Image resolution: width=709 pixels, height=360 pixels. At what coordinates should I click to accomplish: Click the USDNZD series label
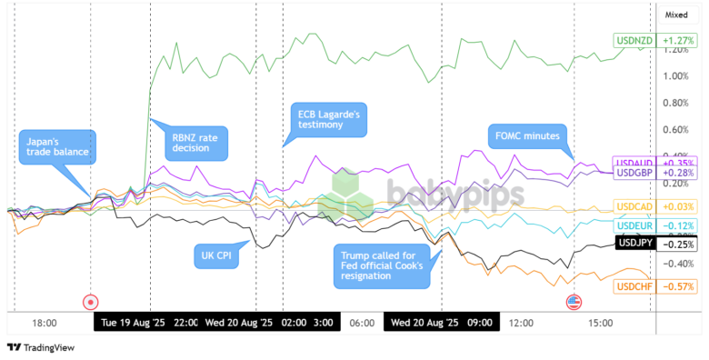point(634,41)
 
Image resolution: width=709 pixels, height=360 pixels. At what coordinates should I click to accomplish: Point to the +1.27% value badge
point(678,41)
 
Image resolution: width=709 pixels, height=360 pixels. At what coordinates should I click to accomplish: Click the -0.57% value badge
point(678,286)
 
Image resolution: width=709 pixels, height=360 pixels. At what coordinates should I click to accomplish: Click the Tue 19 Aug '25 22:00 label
point(148,323)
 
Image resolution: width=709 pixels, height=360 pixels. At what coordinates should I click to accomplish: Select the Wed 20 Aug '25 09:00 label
point(441,323)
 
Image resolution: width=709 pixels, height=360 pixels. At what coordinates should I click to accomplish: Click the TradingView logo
point(41,347)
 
